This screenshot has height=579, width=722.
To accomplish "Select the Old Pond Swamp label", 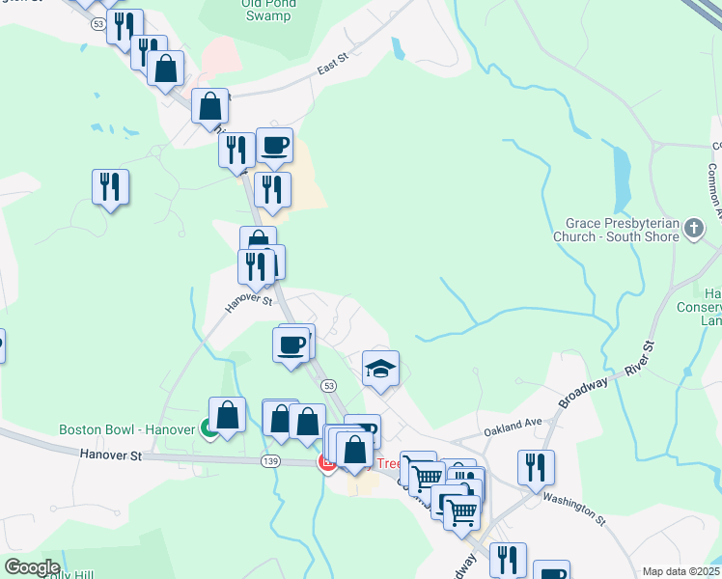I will (268, 9).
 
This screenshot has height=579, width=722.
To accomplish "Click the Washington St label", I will (573, 507).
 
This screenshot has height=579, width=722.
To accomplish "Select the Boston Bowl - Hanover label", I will (127, 429).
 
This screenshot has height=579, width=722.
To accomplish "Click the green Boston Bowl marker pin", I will (209, 429).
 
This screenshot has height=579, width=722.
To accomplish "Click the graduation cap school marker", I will (380, 369).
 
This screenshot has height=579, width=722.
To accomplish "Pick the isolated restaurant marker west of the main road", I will (111, 186).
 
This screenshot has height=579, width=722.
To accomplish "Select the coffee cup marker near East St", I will (274, 145).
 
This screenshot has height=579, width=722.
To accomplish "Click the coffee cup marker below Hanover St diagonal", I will (292, 344).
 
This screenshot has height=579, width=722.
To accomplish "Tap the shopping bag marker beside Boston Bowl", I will (228, 416).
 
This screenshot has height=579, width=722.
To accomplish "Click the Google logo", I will (31, 567).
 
